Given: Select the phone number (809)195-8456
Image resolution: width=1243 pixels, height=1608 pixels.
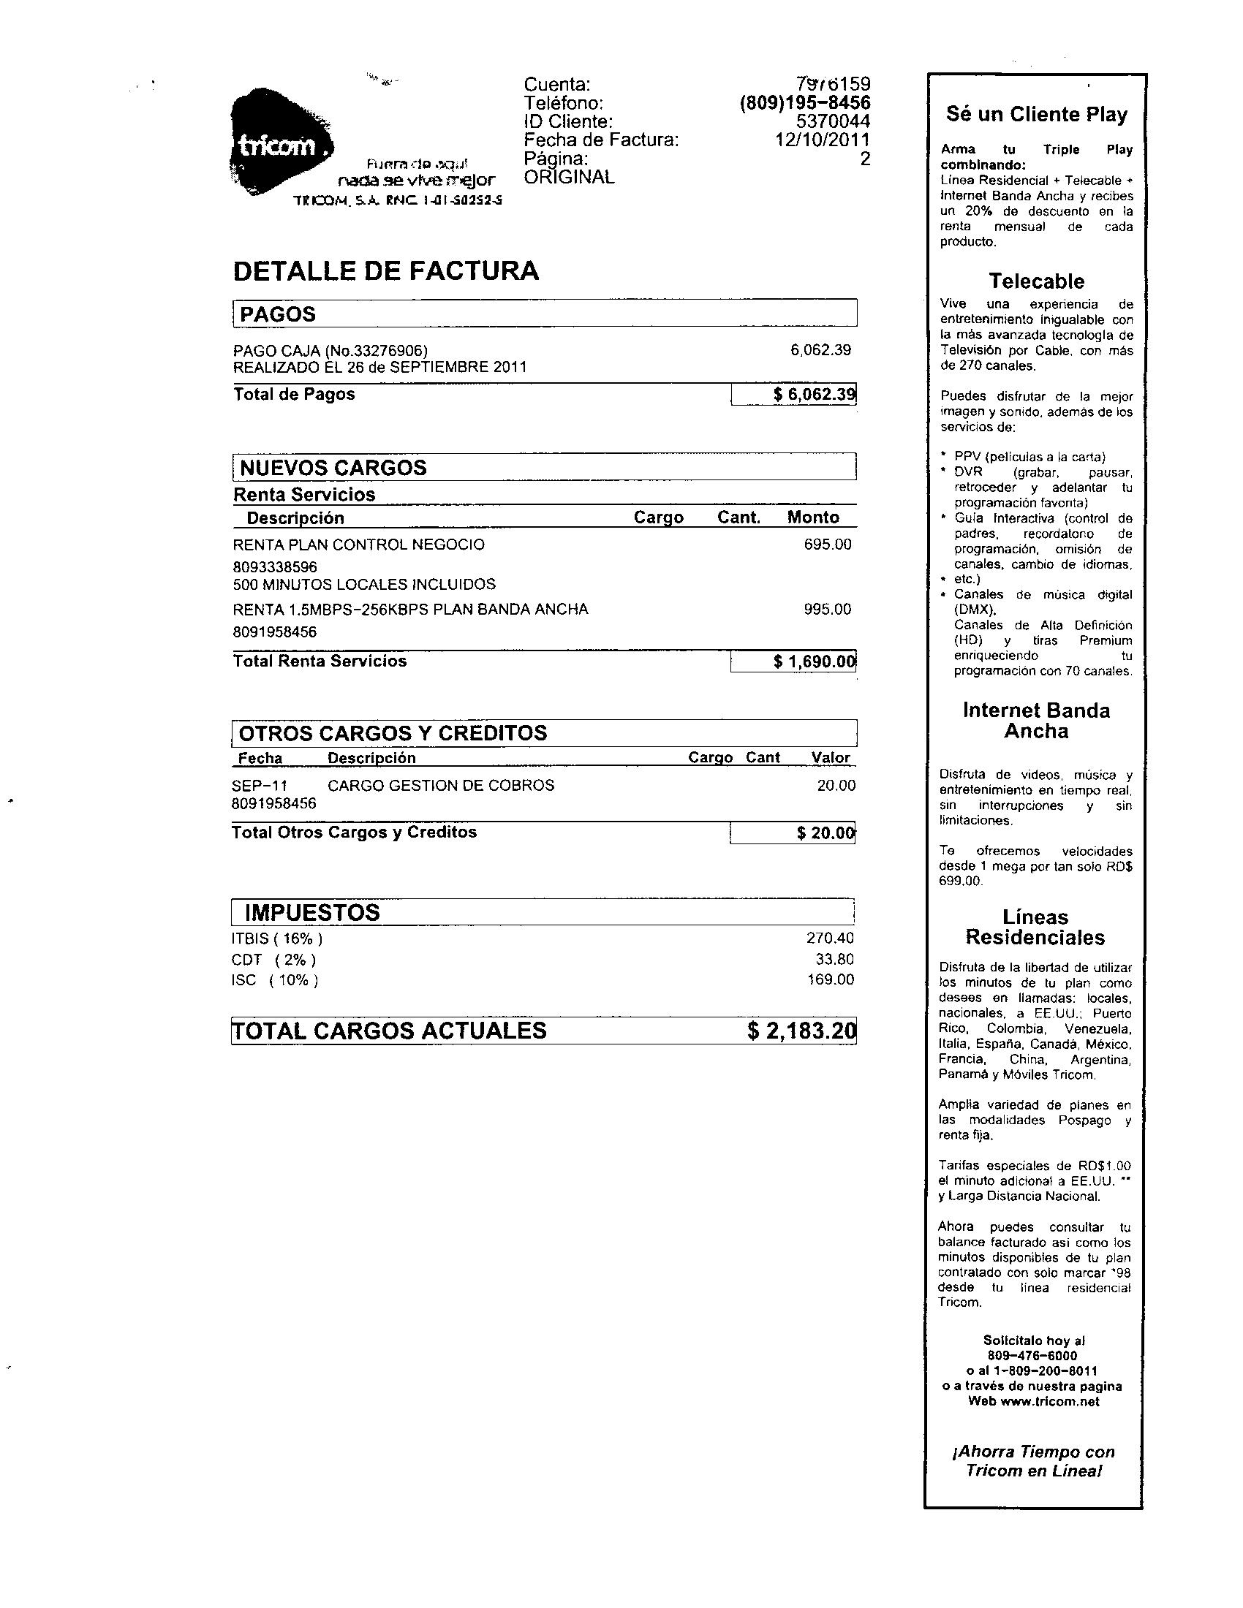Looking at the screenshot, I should pyautogui.click(x=804, y=103).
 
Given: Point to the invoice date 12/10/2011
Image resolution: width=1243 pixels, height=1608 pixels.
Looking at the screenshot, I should pyautogui.click(x=822, y=140).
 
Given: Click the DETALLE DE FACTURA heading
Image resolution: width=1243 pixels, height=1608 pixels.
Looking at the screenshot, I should pyautogui.click(x=386, y=271).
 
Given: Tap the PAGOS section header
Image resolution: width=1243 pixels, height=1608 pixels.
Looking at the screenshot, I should pyautogui.click(x=278, y=314).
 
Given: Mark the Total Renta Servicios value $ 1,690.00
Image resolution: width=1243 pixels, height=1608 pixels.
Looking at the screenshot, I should pyautogui.click(x=814, y=662).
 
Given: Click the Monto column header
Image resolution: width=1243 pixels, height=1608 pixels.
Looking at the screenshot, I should pyautogui.click(x=813, y=517).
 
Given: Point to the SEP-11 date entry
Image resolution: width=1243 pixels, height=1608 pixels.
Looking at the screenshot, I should pyautogui.click(x=260, y=786).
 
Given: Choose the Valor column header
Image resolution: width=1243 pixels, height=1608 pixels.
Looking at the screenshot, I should pyautogui.click(x=831, y=758).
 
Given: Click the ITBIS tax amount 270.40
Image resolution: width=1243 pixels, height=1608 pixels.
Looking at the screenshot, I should pyautogui.click(x=830, y=938).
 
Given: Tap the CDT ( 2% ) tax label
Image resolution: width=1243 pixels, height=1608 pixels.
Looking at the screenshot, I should pyautogui.click(x=273, y=960).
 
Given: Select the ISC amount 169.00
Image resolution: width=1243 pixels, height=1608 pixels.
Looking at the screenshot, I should pyautogui.click(x=830, y=980).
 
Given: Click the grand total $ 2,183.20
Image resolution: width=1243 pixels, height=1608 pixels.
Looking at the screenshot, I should pyautogui.click(x=801, y=1031).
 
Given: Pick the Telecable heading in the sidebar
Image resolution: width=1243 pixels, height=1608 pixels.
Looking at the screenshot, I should pyautogui.click(x=1036, y=281).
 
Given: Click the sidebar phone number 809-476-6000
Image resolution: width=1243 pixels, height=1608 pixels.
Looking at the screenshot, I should pyautogui.click(x=1032, y=1355).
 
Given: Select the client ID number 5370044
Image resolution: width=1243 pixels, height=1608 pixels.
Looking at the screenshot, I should pyautogui.click(x=833, y=121).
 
